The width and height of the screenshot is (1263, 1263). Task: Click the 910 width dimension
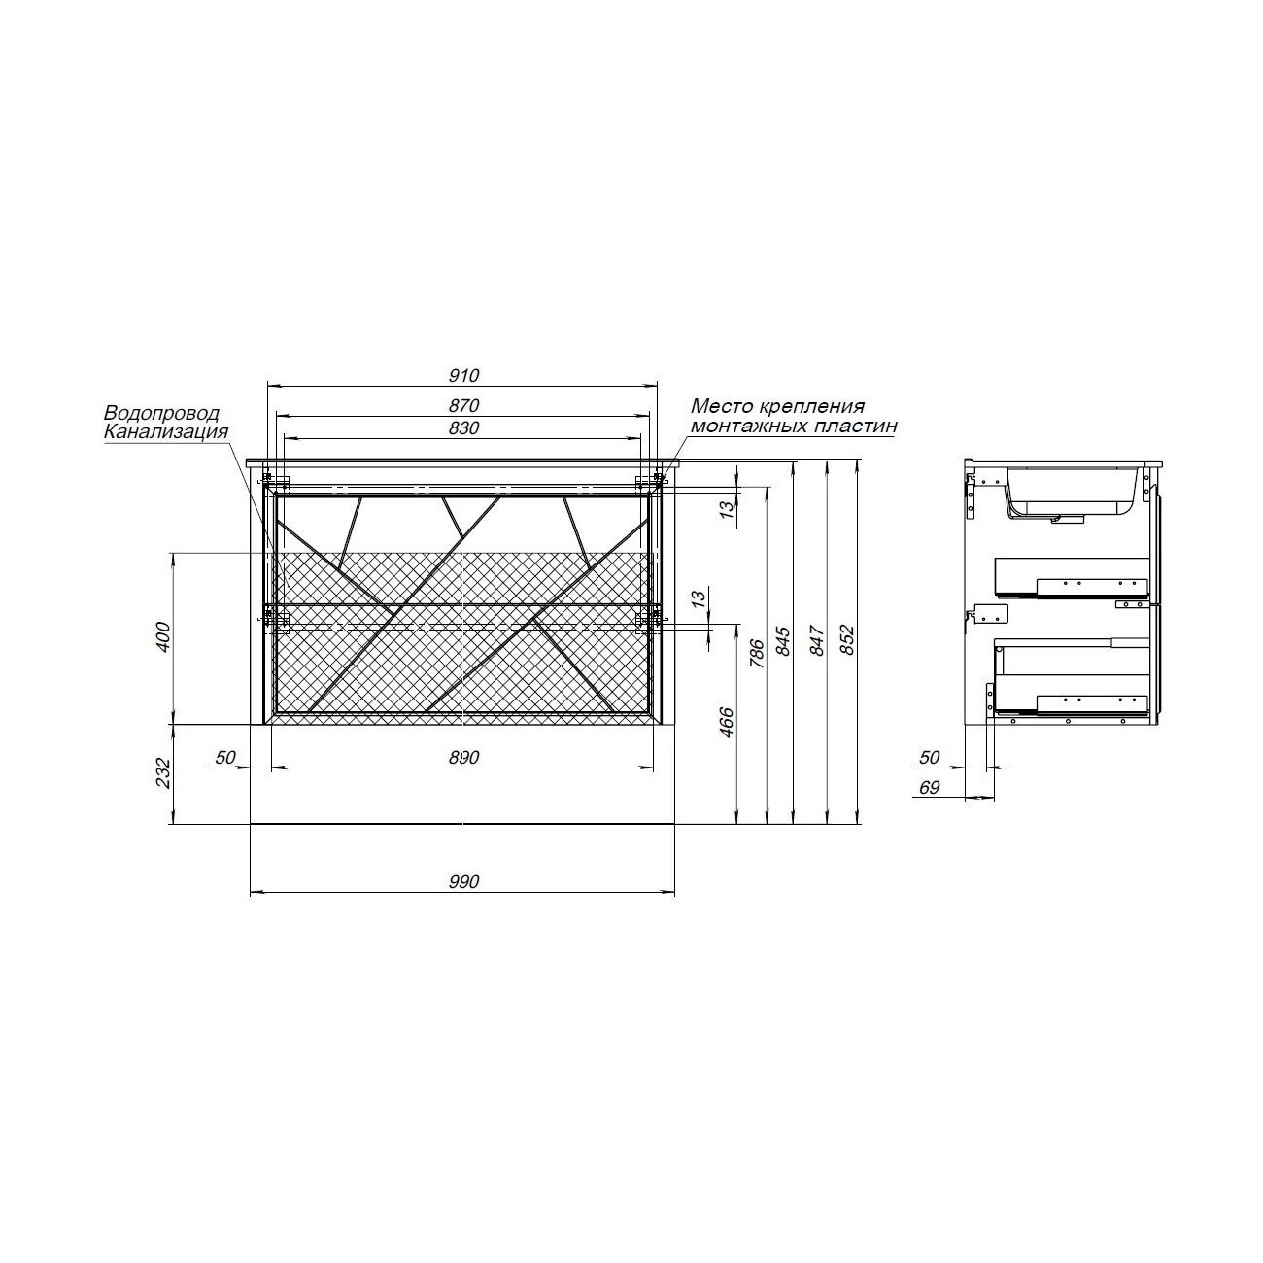click(x=464, y=376)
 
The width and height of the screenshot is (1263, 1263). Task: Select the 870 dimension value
click(x=464, y=406)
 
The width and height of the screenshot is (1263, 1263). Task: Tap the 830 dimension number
click(x=464, y=428)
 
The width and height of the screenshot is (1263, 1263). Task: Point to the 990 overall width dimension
click(x=464, y=881)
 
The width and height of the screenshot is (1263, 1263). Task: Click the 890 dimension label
click(x=464, y=757)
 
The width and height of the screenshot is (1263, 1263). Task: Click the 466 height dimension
click(x=727, y=723)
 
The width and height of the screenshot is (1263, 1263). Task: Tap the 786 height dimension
click(x=757, y=654)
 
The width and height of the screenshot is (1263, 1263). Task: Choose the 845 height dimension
click(x=783, y=641)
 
